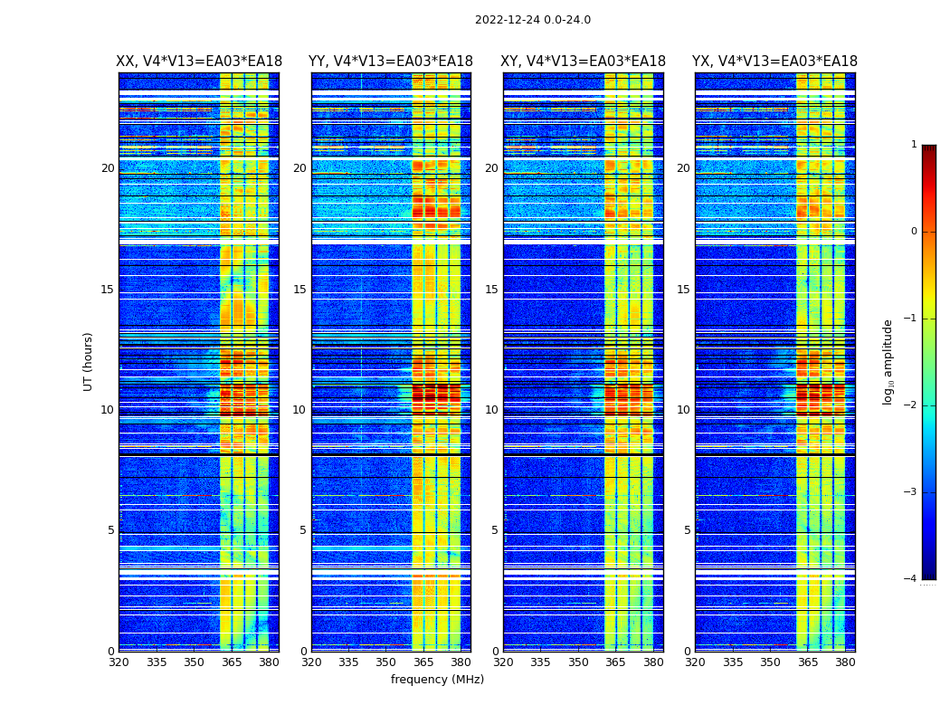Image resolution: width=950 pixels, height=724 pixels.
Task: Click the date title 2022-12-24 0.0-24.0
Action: [532, 20]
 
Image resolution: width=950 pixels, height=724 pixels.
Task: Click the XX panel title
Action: [199, 62]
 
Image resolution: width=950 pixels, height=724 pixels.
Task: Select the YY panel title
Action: [391, 62]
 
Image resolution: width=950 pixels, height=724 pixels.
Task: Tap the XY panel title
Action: [584, 62]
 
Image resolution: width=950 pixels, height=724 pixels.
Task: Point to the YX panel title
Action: [774, 62]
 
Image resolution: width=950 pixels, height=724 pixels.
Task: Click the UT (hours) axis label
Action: [89, 361]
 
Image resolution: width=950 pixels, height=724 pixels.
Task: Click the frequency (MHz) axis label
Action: [437, 680]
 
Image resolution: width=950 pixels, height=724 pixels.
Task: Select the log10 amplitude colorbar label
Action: [888, 361]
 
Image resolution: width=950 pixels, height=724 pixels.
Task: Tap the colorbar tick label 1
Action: [914, 145]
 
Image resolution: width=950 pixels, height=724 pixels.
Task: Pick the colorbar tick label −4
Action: [911, 579]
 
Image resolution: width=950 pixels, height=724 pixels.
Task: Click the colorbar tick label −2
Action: [911, 405]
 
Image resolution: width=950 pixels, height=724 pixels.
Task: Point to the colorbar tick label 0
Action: [914, 232]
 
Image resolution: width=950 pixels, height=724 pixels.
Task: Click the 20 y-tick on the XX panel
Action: [108, 168]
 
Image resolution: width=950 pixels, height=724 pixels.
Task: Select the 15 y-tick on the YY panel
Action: [299, 290]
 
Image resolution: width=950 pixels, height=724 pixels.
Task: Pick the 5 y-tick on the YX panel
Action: [688, 530]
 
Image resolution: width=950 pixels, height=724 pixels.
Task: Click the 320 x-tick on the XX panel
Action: [119, 662]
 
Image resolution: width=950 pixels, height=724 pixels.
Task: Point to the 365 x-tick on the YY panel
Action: [423, 662]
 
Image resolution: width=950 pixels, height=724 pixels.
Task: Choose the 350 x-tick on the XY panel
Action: [578, 662]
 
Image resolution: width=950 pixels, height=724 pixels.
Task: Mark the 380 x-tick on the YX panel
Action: [845, 662]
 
